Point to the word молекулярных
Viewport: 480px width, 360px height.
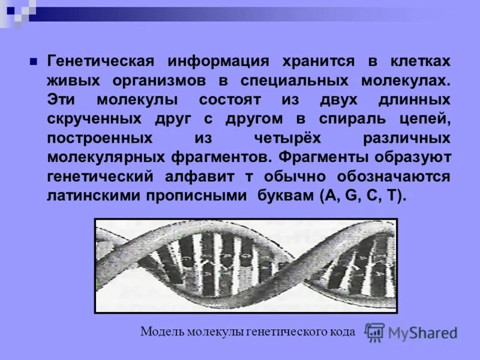(x=104, y=158)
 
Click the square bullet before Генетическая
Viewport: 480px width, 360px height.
(x=34, y=61)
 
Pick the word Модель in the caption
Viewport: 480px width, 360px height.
(x=162, y=332)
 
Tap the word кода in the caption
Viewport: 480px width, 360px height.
(x=343, y=332)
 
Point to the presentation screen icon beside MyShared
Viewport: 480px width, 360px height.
(x=376, y=332)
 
